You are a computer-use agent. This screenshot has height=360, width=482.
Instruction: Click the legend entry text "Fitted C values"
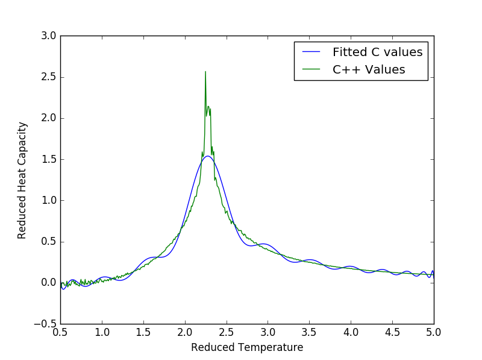378,52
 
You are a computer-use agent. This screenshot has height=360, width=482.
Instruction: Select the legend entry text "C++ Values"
369,69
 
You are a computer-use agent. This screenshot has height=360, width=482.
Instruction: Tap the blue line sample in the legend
311,52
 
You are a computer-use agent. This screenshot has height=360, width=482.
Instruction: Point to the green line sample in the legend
311,69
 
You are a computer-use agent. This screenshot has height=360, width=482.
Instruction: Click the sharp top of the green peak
205,72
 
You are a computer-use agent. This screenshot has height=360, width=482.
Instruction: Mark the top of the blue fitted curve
208,156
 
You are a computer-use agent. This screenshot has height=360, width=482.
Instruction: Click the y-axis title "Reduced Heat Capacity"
22,181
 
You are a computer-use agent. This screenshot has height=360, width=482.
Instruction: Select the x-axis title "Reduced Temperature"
247,347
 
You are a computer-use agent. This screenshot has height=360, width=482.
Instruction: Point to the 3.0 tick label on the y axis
49,36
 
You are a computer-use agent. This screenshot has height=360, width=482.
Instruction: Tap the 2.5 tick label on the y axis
49,77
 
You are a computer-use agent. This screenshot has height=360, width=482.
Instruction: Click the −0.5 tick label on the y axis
45,324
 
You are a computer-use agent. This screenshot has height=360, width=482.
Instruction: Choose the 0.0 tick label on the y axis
49,282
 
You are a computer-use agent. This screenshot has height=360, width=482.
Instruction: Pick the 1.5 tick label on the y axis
49,159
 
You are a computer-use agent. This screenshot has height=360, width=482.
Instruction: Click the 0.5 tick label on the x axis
60,333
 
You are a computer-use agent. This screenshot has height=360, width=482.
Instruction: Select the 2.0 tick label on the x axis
185,333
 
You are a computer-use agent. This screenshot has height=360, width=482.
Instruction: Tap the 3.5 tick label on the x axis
309,333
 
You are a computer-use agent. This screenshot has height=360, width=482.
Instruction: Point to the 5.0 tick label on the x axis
434,333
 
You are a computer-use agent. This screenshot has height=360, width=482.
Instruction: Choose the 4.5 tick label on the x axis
392,333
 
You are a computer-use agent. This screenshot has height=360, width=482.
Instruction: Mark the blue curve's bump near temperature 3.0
263,244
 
